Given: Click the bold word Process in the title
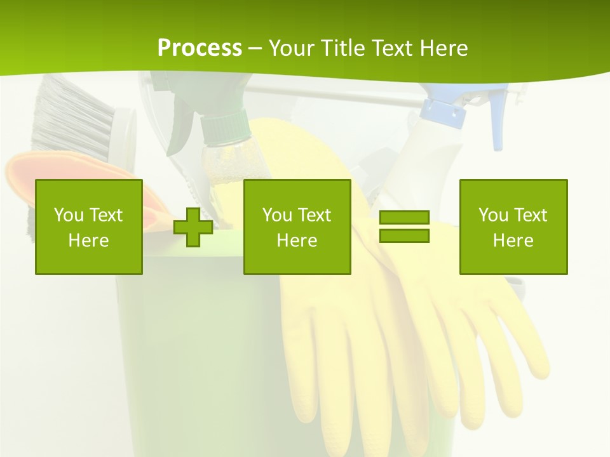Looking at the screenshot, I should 200,48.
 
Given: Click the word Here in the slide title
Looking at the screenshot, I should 444,48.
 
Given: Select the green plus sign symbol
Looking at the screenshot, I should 193,227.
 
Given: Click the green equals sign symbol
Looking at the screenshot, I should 404,227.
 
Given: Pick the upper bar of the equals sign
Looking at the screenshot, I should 404,218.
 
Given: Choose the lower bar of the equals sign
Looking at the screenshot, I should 404,235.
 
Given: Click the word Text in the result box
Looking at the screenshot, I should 531,215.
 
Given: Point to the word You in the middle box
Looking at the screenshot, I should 277,215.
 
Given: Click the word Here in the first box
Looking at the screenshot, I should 88,241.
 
